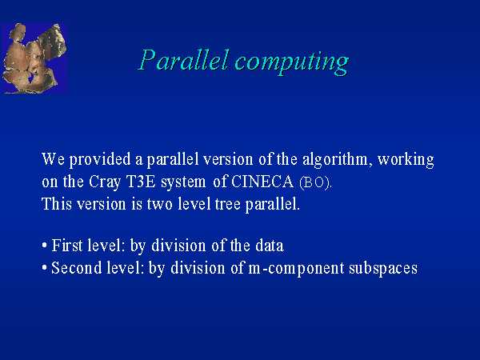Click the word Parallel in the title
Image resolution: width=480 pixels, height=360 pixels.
coord(184,59)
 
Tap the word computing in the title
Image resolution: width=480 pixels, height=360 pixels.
coord(292,62)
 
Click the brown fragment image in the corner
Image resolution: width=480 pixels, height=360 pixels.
coord(34,58)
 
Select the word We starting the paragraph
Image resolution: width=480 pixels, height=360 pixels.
coord(53,159)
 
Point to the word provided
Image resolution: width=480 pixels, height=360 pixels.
coord(100,160)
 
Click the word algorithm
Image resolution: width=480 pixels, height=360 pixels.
coord(335,160)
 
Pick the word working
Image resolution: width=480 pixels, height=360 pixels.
coord(406,160)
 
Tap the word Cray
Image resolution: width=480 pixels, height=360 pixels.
coord(105,182)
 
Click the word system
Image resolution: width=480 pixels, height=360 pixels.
coord(183,182)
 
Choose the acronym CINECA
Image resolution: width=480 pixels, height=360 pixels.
coord(262,182)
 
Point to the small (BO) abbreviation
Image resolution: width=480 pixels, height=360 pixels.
coord(315,182)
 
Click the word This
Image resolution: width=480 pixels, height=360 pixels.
coord(57,203)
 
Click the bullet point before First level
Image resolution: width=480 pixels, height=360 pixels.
coord(45,246)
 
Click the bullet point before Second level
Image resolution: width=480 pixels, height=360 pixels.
coord(45,268)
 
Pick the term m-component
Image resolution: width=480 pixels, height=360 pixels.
coord(296,269)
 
